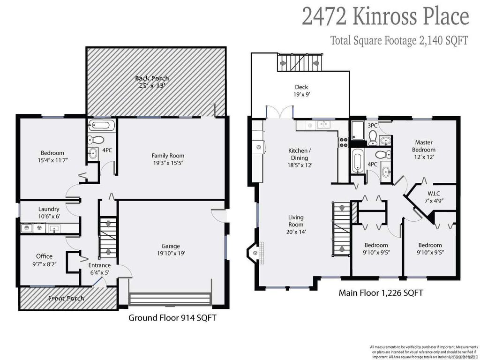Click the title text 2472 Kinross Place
click(385, 16)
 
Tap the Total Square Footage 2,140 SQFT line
click(399, 40)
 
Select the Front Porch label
click(67, 298)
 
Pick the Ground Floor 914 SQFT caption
click(172, 318)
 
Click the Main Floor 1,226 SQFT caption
click(381, 293)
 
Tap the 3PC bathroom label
click(373, 126)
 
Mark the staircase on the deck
click(300, 62)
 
